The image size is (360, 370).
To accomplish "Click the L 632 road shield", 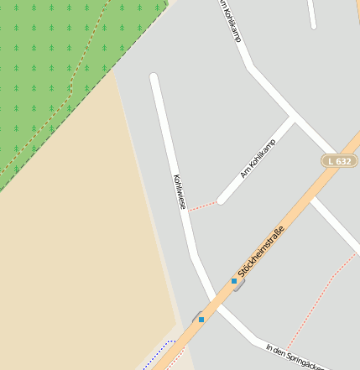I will (x=339, y=160).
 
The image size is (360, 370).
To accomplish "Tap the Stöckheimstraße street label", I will (x=261, y=250).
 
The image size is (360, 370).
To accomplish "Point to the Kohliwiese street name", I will (x=179, y=191).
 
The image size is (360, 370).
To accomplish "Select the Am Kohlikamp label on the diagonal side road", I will (x=258, y=159).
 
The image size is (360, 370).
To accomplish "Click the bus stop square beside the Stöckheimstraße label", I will (x=234, y=280).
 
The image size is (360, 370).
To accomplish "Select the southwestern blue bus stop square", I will (x=201, y=320).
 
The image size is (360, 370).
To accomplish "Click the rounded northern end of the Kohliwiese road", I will (x=154, y=78).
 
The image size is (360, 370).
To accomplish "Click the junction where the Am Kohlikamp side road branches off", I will (x=292, y=117).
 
